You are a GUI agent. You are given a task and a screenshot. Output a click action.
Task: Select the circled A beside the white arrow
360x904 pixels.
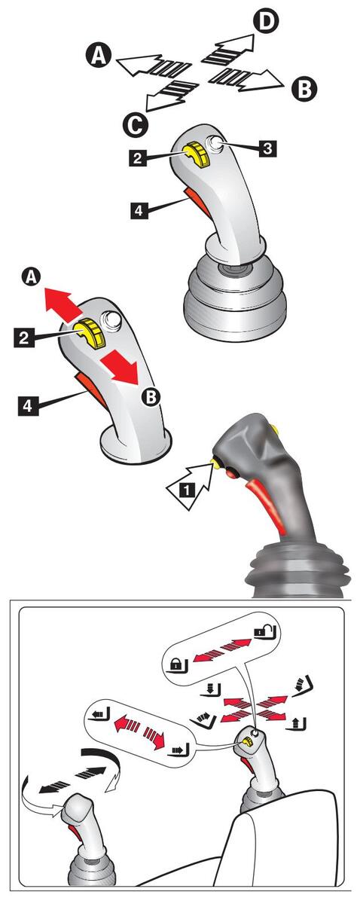(98, 56)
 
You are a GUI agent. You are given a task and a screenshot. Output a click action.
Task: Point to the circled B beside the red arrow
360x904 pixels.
(151, 397)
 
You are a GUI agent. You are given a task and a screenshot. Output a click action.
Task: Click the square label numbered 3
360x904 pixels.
(267, 148)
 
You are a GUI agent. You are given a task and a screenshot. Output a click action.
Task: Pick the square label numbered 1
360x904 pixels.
(186, 490)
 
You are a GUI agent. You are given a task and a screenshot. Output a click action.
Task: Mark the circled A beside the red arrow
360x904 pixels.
(32, 278)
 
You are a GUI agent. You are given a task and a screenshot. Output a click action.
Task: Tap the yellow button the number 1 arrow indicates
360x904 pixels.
(215, 464)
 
